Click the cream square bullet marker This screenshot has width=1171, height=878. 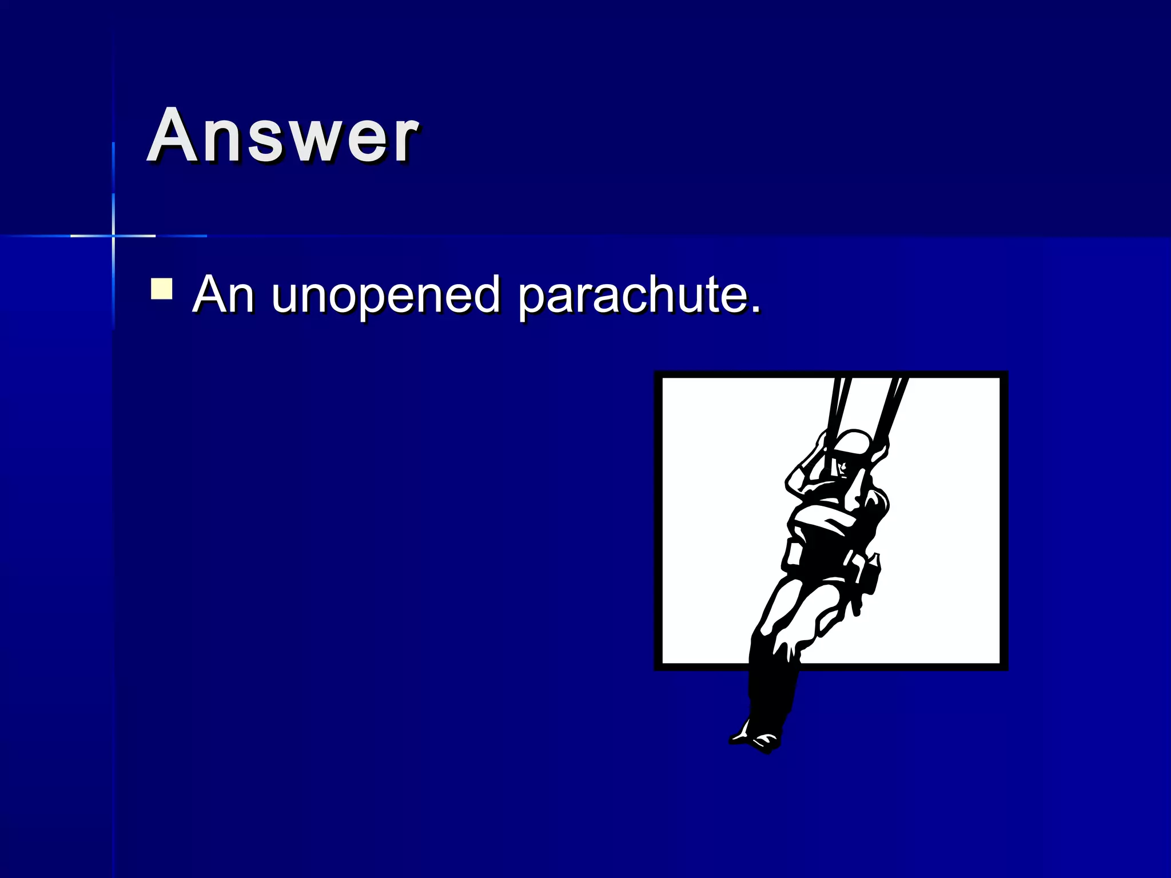point(161,289)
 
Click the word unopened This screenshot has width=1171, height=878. point(386,296)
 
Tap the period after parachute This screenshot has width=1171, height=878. point(755,309)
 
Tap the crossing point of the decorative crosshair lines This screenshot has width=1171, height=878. point(113,236)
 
